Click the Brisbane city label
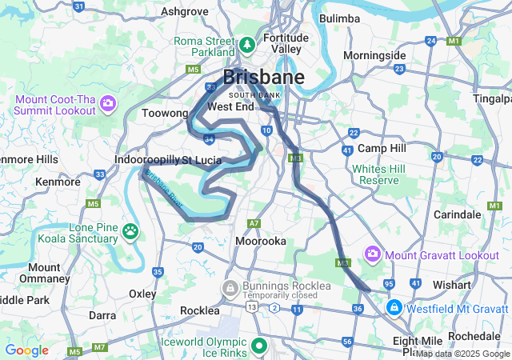point(263,78)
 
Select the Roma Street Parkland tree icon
point(247,43)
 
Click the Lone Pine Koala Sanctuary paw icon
point(130,232)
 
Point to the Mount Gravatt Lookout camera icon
point(372,254)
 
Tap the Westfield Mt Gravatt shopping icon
point(394,306)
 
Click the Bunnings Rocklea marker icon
point(230,287)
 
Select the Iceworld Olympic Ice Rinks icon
point(258,346)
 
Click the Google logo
point(26,350)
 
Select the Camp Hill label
point(382,149)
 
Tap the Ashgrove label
point(185,11)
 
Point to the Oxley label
point(142,294)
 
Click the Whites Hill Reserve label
point(375,174)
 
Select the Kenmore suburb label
point(58,182)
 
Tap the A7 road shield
point(254,223)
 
